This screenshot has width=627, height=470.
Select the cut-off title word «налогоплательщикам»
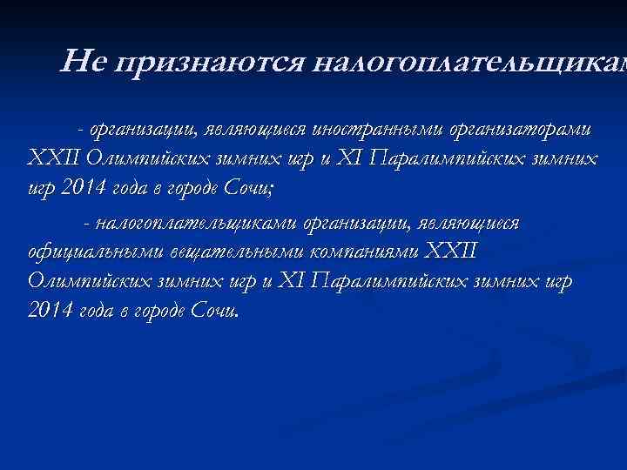(x=469, y=63)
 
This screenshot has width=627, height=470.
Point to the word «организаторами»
(x=522, y=130)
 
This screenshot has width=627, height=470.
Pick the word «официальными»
(x=82, y=252)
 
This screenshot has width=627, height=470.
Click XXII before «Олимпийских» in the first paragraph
(x=55, y=159)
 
